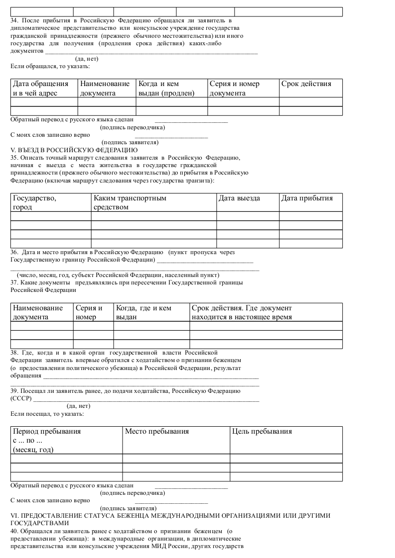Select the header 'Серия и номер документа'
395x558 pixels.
[x=235, y=88]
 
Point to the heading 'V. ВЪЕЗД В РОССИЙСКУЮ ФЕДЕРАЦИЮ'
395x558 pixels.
[x=74, y=150]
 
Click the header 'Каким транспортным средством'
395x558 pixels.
[x=130, y=202]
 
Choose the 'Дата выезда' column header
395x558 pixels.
[x=239, y=198]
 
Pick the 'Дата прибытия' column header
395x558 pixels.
[x=307, y=198]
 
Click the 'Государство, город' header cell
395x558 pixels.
[x=34, y=202]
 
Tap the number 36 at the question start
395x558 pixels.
[x=14, y=253]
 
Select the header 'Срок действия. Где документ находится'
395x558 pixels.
[x=242, y=312]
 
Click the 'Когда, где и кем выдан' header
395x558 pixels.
[x=143, y=312]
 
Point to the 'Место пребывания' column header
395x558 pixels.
[x=157, y=431]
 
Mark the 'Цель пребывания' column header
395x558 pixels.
[x=262, y=431]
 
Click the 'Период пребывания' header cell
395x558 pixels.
[x=47, y=440]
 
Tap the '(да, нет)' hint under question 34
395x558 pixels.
[x=87, y=59]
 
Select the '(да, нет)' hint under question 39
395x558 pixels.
[x=79, y=406]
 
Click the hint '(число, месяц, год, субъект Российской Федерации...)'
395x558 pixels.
[x=118, y=275]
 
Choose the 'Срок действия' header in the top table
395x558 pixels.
[x=306, y=84]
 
